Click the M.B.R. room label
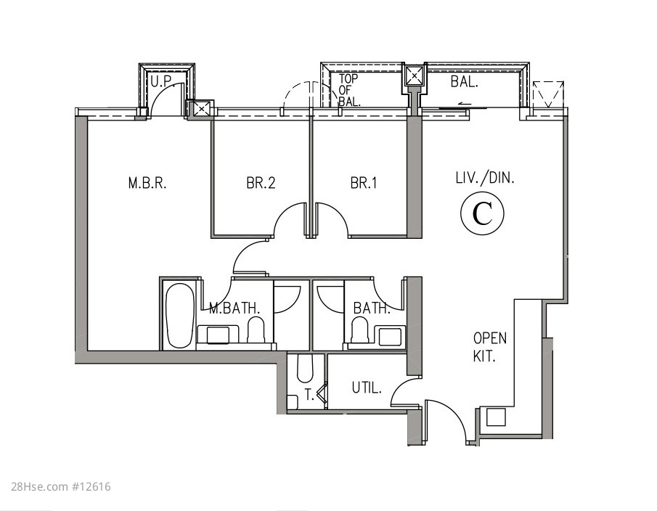point(147,183)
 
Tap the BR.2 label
point(261,183)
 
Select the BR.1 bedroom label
point(363,183)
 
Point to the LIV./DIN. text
point(485,178)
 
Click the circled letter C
point(482,213)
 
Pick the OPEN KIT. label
point(489,347)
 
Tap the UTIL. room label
point(367,388)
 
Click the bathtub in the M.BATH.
point(180,316)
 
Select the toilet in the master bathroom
point(256,329)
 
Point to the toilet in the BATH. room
point(359,330)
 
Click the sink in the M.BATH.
point(218,335)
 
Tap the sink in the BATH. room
point(390,336)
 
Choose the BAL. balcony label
point(465,82)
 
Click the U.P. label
point(161,81)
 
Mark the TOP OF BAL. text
point(348,90)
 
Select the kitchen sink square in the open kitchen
point(496,417)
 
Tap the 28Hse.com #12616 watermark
point(61,487)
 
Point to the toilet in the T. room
point(305,369)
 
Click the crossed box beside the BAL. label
point(415,75)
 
